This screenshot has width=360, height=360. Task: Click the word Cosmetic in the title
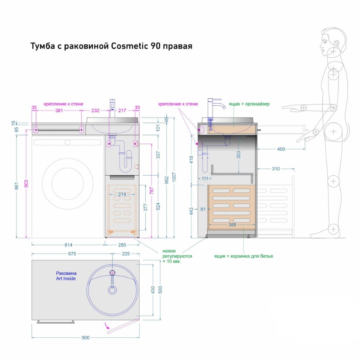[130, 46]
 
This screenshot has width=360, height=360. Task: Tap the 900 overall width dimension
[86, 338]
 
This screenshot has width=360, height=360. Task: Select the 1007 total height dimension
[174, 177]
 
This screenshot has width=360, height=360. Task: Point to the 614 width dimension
[68, 245]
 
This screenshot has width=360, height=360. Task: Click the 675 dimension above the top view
[72, 254]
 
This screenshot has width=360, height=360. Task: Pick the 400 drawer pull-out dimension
[281, 149]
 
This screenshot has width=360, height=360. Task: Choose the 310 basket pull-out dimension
[275, 169]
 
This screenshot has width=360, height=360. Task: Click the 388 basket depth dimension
[232, 225]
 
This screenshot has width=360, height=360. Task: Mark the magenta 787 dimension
[152, 190]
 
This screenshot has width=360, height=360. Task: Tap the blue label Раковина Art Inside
[66, 276]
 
